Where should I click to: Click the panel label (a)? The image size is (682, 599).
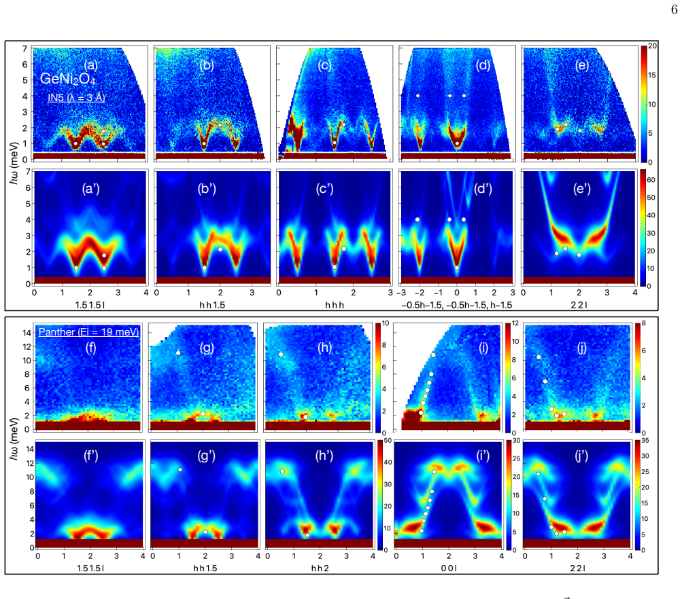pos(90,65)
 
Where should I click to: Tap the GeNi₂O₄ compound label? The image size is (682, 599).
pos(67,79)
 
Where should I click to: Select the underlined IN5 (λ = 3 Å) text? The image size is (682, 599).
pos(77,97)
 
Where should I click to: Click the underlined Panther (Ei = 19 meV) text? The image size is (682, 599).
pos(88,332)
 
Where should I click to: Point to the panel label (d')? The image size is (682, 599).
pos(483,189)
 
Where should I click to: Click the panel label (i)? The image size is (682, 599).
pos(483,348)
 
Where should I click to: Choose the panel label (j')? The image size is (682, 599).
pos(581,456)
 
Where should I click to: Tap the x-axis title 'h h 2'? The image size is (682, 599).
pos(320,568)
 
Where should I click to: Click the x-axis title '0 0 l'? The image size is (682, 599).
pos(449,568)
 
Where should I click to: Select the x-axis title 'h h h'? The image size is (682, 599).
pos(335,305)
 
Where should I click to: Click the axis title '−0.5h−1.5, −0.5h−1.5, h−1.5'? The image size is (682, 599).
pos(457,305)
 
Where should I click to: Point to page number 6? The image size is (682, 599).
pos(674,10)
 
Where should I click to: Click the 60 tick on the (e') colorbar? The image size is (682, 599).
pos(651,180)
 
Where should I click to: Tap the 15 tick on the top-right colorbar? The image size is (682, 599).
pos(651,75)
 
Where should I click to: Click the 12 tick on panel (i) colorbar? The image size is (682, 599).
pos(515,323)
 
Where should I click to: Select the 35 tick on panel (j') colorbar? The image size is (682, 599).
pos(645,441)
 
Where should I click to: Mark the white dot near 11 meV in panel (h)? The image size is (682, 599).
pos(281,355)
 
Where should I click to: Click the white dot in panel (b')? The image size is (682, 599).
pos(220,249)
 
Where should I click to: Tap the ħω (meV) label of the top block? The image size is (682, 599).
pos(14,163)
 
